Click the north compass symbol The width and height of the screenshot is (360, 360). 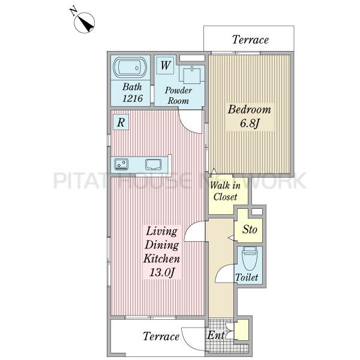[x=84, y=23]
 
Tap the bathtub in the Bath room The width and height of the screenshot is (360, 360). [x=130, y=67]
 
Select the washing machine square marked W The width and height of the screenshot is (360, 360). [x=165, y=65]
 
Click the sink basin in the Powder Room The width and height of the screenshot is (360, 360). [x=191, y=75]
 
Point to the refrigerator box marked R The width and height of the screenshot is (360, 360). [x=121, y=122]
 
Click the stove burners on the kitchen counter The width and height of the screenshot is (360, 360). [x=121, y=164]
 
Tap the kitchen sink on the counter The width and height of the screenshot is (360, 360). [x=153, y=164]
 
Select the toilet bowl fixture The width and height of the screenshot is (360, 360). [x=250, y=258]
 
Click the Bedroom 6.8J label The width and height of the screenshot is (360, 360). [x=250, y=116]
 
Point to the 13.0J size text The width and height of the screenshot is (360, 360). [x=162, y=272]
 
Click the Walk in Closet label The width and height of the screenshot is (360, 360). [x=225, y=191]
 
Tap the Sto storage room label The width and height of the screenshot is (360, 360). [x=250, y=229]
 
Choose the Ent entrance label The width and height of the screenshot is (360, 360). [x=215, y=335]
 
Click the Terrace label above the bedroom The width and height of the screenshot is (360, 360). [x=250, y=40]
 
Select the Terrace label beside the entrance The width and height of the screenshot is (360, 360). [x=161, y=337]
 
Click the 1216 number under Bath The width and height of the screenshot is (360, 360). [x=133, y=98]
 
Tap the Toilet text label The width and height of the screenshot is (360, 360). [x=247, y=277]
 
